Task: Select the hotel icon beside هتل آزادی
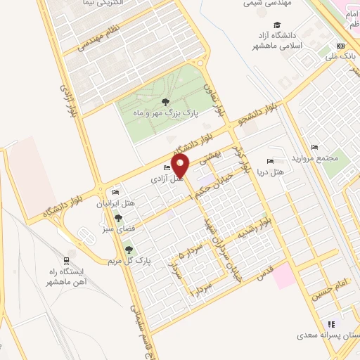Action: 167,167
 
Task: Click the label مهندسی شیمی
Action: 266,4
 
